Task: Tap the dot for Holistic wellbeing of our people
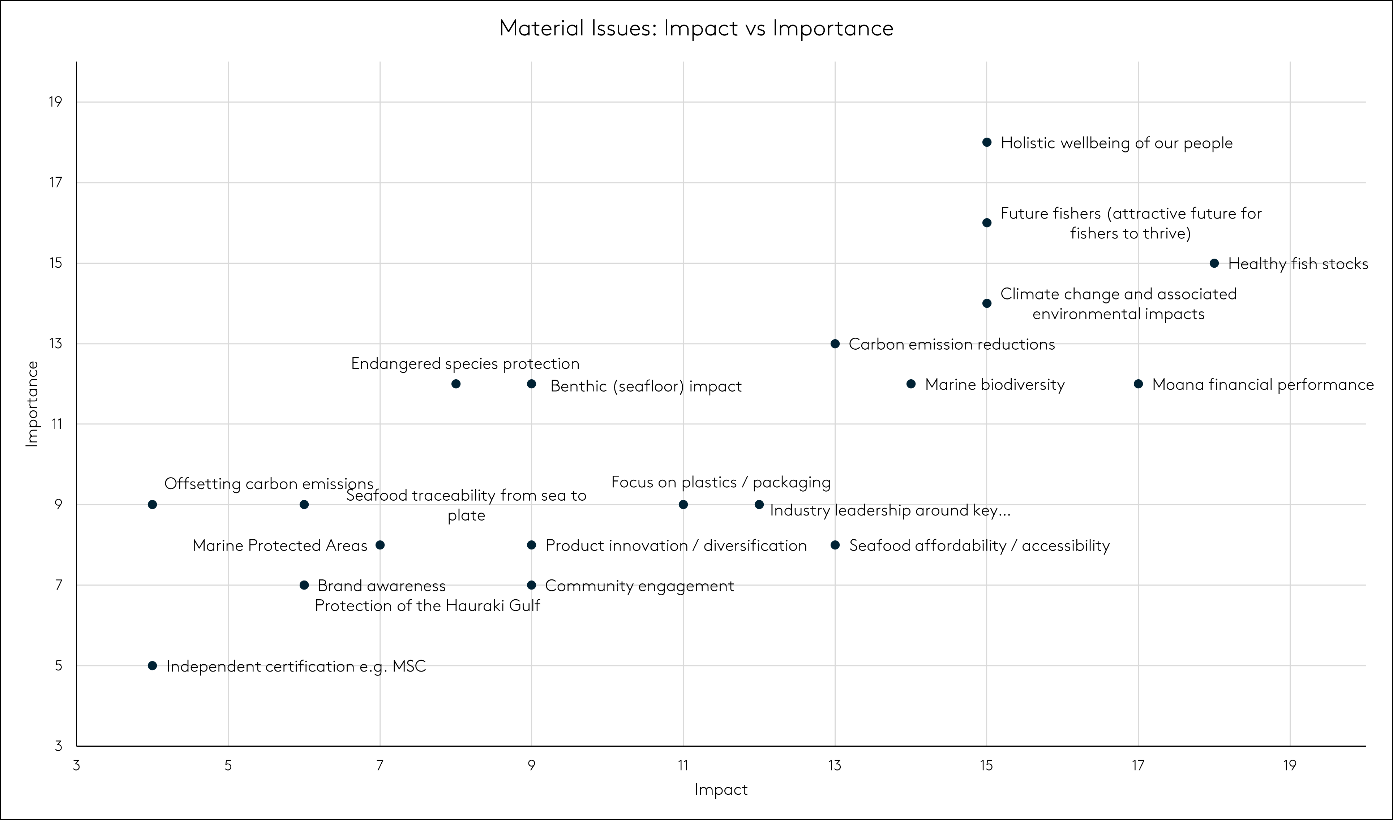coord(987,143)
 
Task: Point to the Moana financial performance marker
coord(1138,384)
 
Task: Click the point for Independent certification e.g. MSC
coord(153,666)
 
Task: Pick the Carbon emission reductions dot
coord(835,344)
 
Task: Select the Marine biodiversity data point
coord(911,384)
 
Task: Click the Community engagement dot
coord(531,585)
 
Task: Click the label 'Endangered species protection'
coord(465,364)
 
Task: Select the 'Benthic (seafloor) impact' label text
coord(646,386)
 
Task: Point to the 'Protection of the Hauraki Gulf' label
coord(427,605)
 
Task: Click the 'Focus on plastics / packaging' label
coord(721,482)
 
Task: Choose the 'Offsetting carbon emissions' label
coord(269,484)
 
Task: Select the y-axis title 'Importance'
coord(32,403)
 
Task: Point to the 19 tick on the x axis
coord(1290,765)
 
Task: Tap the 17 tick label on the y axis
coord(56,182)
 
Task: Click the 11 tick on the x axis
coord(683,765)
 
